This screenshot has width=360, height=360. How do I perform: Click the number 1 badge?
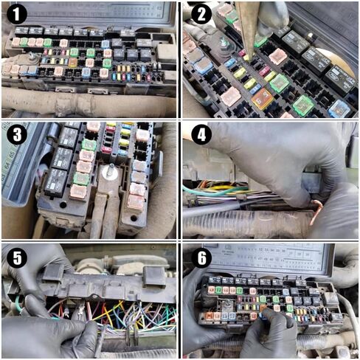click(x=16, y=15)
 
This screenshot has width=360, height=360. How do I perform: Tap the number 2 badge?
click(x=199, y=15)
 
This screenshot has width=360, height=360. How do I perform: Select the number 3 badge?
click(x=16, y=135)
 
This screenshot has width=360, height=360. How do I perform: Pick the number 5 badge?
click(x=16, y=257)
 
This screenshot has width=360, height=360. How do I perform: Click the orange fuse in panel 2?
click(x=261, y=99)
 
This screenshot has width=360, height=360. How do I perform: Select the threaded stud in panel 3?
click(x=110, y=172)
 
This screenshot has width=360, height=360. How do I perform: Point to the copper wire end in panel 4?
click(x=316, y=213)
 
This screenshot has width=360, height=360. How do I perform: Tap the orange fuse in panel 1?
click(x=72, y=63)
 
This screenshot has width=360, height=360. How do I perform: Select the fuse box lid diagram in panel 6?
click(x=273, y=259)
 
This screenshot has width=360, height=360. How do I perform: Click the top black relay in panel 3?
click(x=69, y=137)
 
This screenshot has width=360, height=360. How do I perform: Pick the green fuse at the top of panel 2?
click(x=232, y=16)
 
